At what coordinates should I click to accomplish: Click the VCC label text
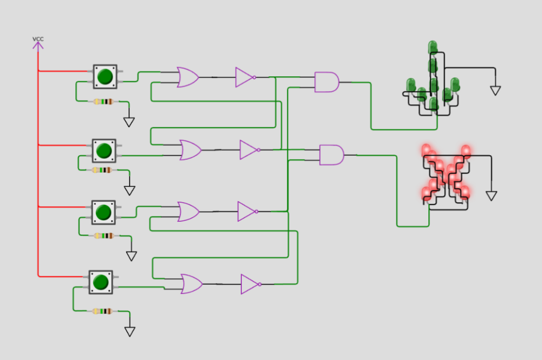click(x=38, y=39)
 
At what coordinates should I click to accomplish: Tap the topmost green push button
click(x=105, y=76)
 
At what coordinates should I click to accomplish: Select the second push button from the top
click(x=104, y=151)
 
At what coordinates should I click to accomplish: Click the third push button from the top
click(x=103, y=212)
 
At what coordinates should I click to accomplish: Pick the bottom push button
click(x=101, y=282)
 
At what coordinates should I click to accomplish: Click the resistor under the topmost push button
click(x=104, y=102)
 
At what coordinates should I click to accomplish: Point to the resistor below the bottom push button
click(x=103, y=311)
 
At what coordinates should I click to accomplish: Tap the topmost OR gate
click(x=188, y=77)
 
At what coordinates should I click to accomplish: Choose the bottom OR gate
click(x=192, y=284)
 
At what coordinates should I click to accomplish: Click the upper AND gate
click(x=327, y=82)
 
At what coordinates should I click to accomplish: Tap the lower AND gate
click(x=332, y=155)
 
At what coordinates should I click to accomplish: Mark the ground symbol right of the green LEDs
click(x=495, y=91)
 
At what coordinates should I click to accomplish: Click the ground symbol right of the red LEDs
click(x=491, y=196)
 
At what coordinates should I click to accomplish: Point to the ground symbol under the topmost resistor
click(x=129, y=122)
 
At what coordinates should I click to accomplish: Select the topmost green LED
click(x=432, y=47)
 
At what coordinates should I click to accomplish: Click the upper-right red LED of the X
click(x=466, y=151)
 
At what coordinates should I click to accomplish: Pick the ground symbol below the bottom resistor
click(x=130, y=331)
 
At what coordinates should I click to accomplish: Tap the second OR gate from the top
click(x=191, y=150)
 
